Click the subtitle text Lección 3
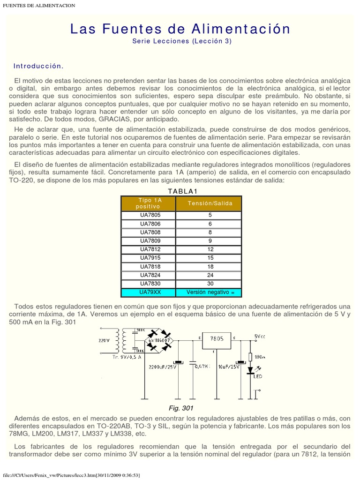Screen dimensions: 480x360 coord(211,41)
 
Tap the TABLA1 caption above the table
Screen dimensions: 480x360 coord(181,191)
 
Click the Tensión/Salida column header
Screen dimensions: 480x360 coord(209,203)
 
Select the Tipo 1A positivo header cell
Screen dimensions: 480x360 coord(148,203)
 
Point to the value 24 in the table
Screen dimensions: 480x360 coord(210,275)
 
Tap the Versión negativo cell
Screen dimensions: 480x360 coord(210,292)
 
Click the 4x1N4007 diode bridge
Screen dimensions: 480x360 coord(158,340)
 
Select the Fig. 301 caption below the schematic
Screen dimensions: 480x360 coord(181,408)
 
